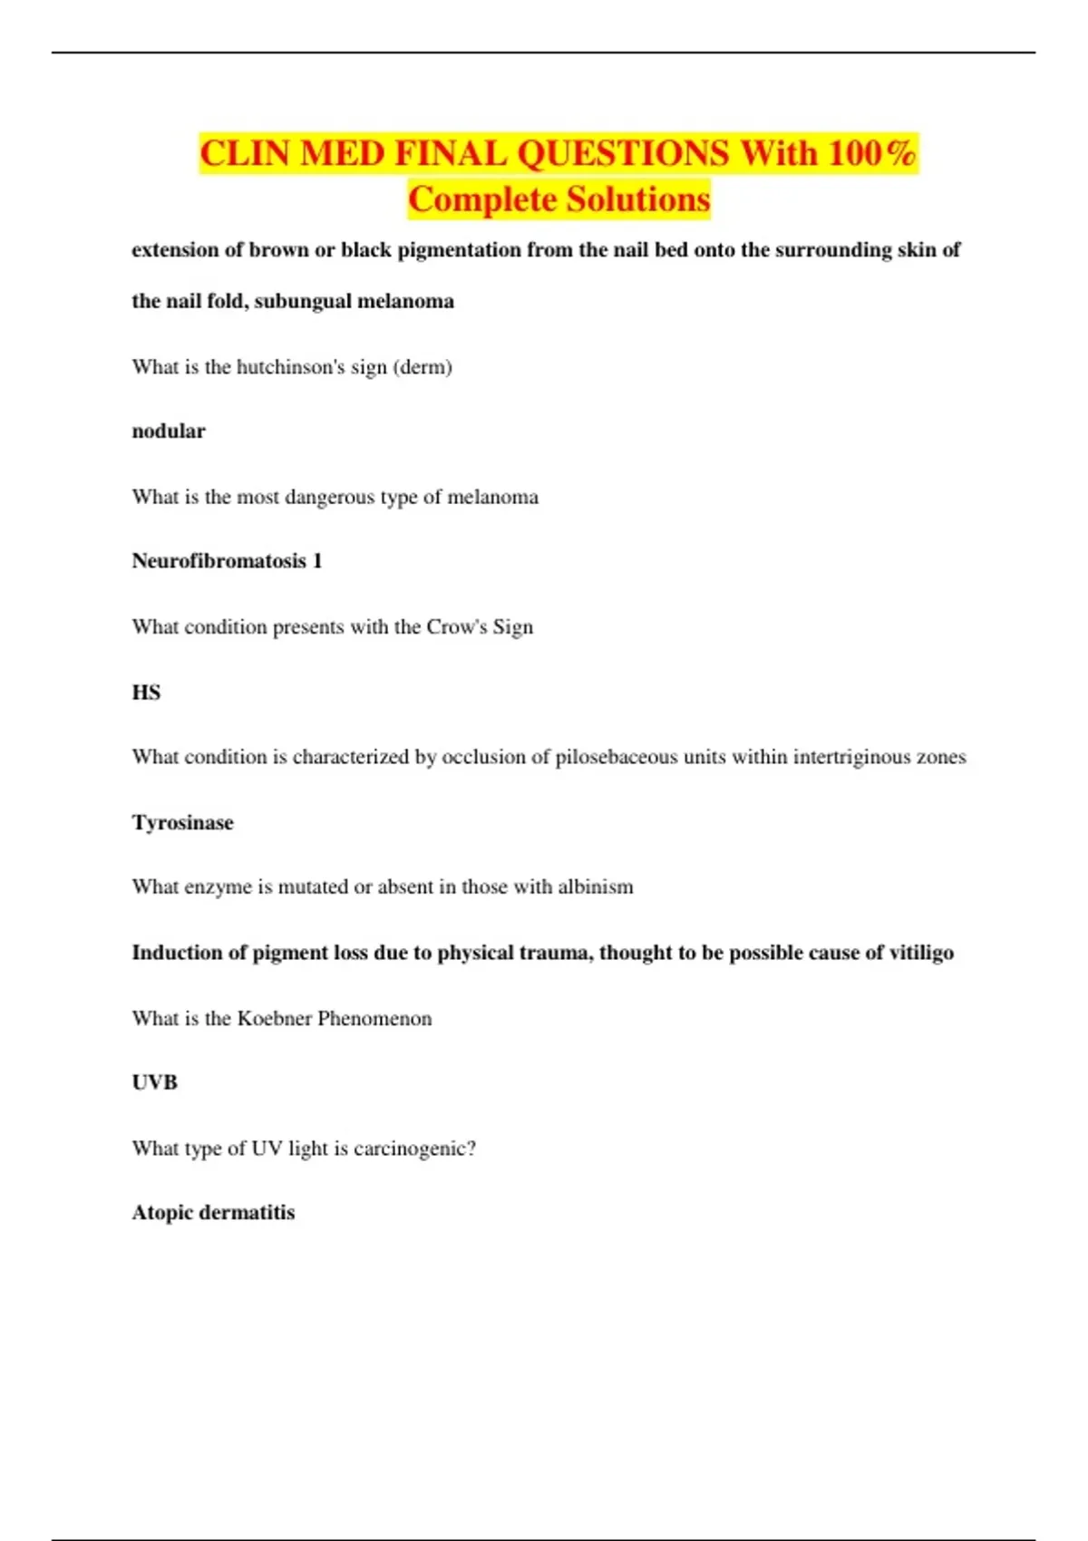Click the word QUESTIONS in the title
(x=622, y=153)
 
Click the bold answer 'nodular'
(x=169, y=431)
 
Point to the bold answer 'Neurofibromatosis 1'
(x=227, y=561)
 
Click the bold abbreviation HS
(x=146, y=693)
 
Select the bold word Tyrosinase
(x=182, y=822)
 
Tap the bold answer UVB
(x=154, y=1082)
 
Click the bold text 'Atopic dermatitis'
(x=213, y=1213)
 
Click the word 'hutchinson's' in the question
(x=290, y=367)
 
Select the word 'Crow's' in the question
(x=457, y=627)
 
